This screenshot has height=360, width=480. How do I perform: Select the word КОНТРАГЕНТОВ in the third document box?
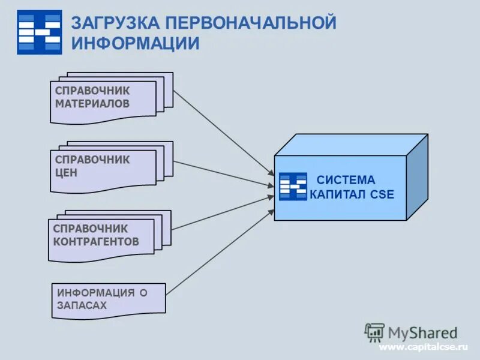[96, 241]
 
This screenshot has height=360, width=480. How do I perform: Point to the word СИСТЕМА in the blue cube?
[346, 180]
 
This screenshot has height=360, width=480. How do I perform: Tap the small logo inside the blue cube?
[293, 186]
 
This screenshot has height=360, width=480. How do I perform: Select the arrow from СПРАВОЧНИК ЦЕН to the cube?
[222, 174]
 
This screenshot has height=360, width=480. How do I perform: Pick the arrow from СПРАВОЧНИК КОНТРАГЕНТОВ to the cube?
[222, 212]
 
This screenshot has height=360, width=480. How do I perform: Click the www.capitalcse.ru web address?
[422, 347]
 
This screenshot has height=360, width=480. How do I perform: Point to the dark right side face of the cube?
[417, 177]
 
